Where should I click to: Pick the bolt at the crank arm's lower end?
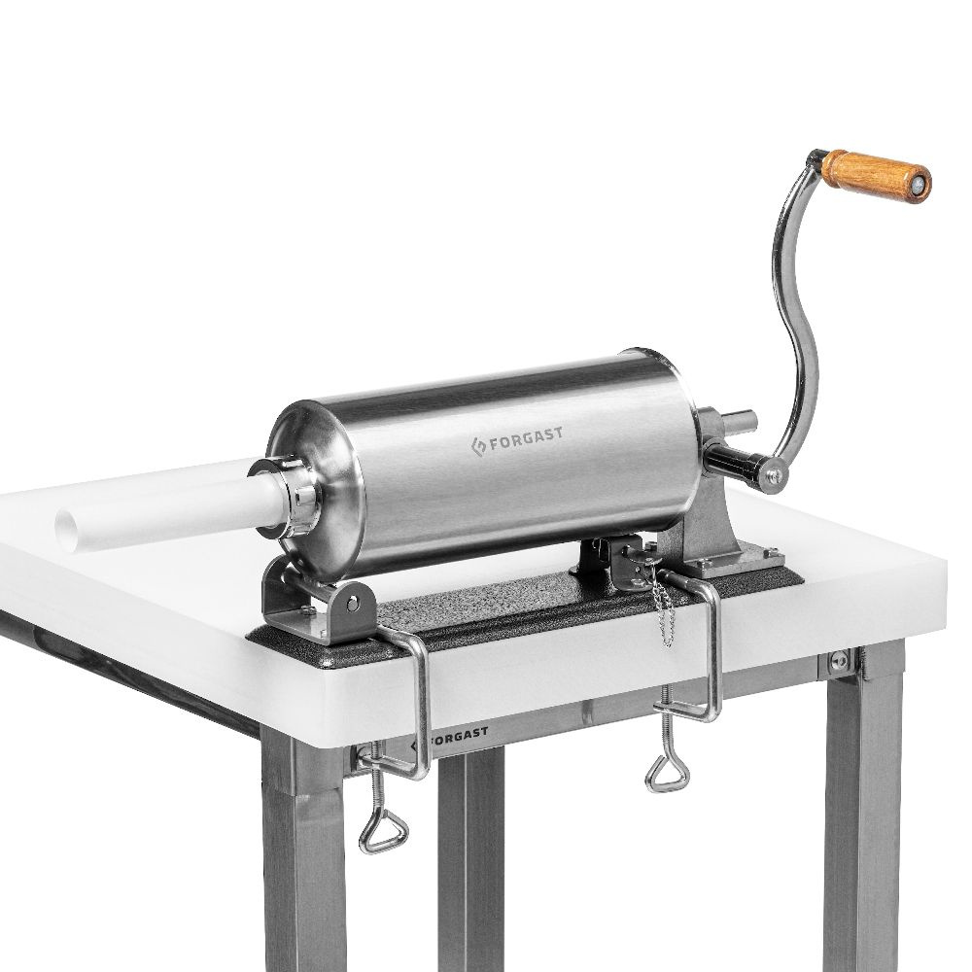coord(774,475)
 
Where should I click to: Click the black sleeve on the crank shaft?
coord(727,456)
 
